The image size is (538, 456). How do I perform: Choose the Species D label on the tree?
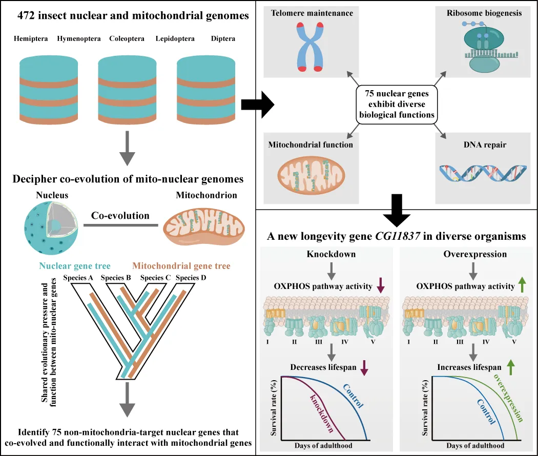(192, 278)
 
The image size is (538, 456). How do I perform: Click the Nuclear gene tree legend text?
(75, 266)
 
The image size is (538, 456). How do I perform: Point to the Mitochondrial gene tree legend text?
(181, 266)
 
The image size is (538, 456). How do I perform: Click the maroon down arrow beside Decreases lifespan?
(364, 367)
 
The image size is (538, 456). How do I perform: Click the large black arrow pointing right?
(257, 104)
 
